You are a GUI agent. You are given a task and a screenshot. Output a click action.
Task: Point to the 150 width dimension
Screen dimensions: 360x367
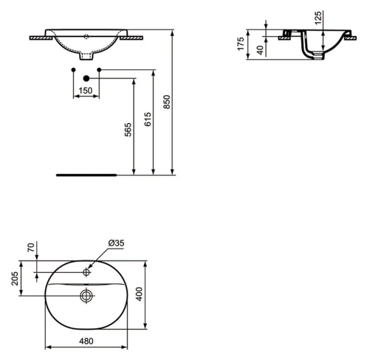(x=86, y=90)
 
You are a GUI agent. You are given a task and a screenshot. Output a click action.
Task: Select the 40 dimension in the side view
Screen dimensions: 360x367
(x=260, y=49)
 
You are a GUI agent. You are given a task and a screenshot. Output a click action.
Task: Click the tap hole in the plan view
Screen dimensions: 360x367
(x=86, y=272)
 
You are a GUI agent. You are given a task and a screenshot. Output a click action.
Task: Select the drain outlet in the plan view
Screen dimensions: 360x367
(x=86, y=295)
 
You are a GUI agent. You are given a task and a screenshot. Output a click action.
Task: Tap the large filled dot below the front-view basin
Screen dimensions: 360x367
(x=86, y=78)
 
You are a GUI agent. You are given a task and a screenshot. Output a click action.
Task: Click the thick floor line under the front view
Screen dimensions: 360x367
(x=86, y=176)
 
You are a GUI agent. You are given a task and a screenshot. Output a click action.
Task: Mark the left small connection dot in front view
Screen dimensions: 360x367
(x=73, y=71)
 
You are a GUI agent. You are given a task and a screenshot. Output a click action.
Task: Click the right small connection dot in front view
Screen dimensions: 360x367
(x=99, y=71)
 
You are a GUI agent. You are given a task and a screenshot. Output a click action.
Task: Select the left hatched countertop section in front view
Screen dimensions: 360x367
(x=40, y=37)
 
